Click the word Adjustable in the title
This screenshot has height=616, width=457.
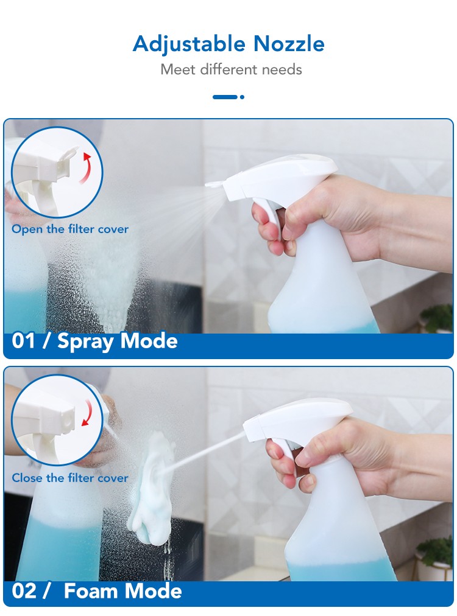[x=189, y=44]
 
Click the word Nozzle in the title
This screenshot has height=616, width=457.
[x=289, y=43]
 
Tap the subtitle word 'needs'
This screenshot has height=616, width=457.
[x=282, y=69]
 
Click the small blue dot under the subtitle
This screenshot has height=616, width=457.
[x=242, y=97]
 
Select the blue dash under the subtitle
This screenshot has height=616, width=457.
[x=225, y=97]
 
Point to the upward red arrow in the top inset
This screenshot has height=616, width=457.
[x=86, y=168]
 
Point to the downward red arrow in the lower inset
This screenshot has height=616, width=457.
[x=88, y=413]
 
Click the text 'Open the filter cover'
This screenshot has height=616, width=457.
[x=70, y=229]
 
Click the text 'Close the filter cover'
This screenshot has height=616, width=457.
[x=70, y=478]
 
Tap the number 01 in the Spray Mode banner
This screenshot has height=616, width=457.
[x=24, y=341]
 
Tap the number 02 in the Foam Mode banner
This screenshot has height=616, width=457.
[x=24, y=591]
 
